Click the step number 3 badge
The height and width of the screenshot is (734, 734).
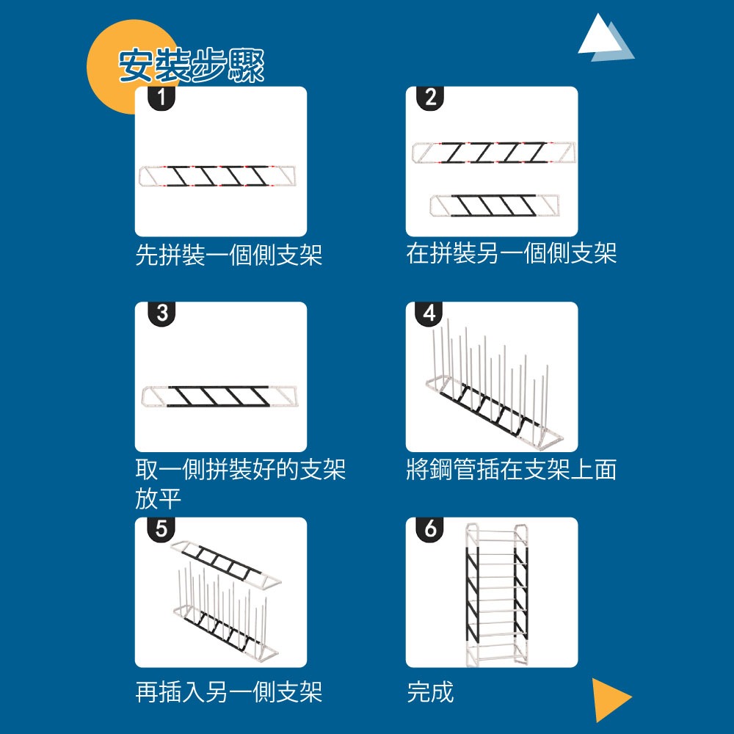click(x=161, y=313)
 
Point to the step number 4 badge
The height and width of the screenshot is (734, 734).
click(x=430, y=313)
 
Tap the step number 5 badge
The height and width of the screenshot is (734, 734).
click(x=161, y=528)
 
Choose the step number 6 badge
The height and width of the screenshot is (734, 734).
click(x=430, y=528)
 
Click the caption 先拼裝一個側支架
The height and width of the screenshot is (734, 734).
click(x=228, y=255)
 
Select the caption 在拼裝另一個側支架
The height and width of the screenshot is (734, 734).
click(x=511, y=254)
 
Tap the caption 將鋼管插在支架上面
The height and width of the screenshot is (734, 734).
click(x=511, y=470)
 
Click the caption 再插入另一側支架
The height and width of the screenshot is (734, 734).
click(x=228, y=691)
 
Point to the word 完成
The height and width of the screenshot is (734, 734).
click(x=430, y=691)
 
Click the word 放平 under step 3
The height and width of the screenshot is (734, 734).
click(x=158, y=500)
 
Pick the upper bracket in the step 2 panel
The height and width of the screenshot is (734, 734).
click(x=493, y=152)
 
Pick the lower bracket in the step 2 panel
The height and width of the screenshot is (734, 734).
click(x=494, y=206)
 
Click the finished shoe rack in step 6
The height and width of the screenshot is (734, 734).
click(x=498, y=593)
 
